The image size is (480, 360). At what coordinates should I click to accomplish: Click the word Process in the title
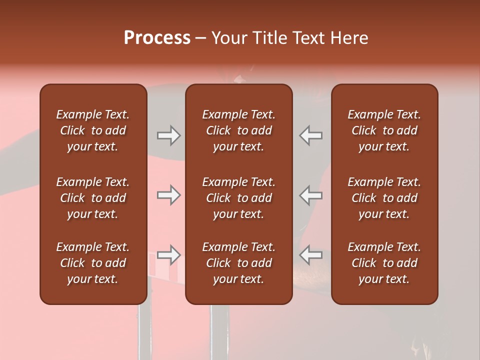pyautogui.click(x=157, y=38)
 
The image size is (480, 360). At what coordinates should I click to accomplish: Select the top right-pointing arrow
pyautogui.click(x=168, y=135)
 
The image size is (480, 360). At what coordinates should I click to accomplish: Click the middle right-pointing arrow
pyautogui.click(x=168, y=195)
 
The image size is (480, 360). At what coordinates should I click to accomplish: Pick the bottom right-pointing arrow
pyautogui.click(x=168, y=255)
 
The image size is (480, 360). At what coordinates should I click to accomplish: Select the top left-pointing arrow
pyautogui.click(x=311, y=135)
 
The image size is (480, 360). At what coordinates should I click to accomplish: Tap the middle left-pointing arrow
pyautogui.click(x=311, y=195)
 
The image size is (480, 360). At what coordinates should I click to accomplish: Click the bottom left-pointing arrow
pyautogui.click(x=311, y=255)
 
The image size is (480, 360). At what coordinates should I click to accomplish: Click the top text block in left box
pyautogui.click(x=93, y=130)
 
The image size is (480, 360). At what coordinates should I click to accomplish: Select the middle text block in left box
pyautogui.click(x=93, y=198)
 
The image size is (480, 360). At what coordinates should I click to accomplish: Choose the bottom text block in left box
pyautogui.click(x=93, y=263)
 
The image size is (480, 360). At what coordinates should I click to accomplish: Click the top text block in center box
pyautogui.click(x=239, y=130)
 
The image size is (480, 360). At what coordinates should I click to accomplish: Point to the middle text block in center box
pyautogui.click(x=239, y=198)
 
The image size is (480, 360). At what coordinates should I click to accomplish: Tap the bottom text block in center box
pyautogui.click(x=239, y=263)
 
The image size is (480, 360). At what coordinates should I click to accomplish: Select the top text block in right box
pyautogui.click(x=384, y=130)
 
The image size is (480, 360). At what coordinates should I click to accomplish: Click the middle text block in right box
pyautogui.click(x=384, y=198)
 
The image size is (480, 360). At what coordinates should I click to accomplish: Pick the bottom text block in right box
pyautogui.click(x=384, y=263)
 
